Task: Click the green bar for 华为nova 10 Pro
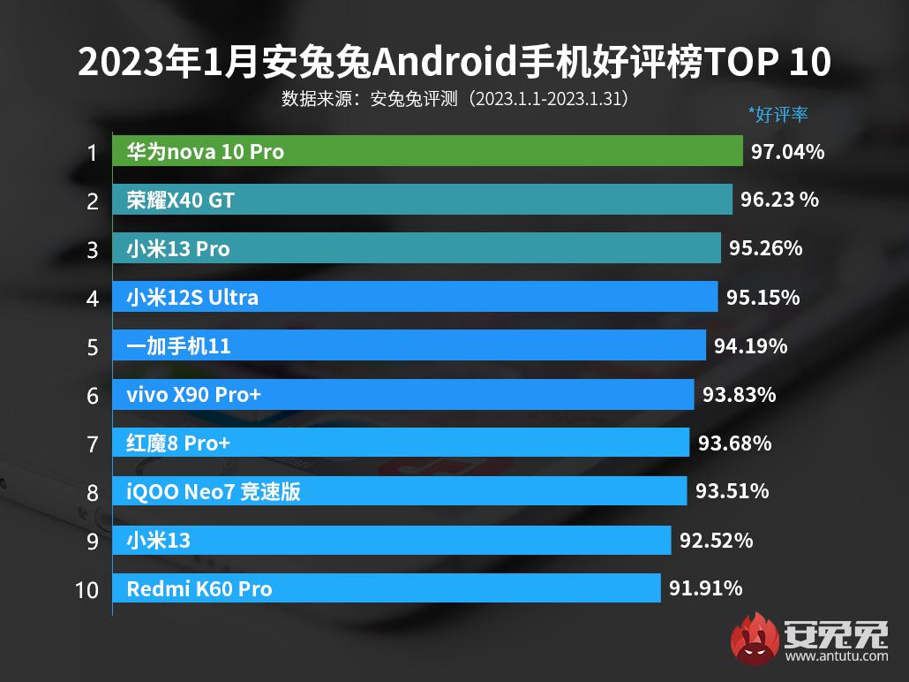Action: (x=427, y=151)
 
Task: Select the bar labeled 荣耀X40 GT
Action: (x=422, y=200)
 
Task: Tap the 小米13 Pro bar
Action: (x=417, y=248)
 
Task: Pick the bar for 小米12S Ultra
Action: (x=415, y=297)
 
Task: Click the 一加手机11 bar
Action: (x=409, y=345)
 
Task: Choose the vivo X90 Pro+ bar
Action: (x=403, y=394)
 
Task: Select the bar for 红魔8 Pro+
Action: (x=401, y=443)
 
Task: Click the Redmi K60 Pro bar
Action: (x=387, y=587)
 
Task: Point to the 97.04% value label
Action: (x=788, y=152)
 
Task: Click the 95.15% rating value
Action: (x=763, y=298)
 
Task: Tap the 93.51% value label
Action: (x=732, y=491)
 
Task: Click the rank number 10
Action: (x=86, y=589)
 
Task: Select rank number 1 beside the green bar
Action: (x=91, y=153)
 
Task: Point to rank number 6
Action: (x=92, y=395)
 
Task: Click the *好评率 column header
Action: (x=778, y=114)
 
